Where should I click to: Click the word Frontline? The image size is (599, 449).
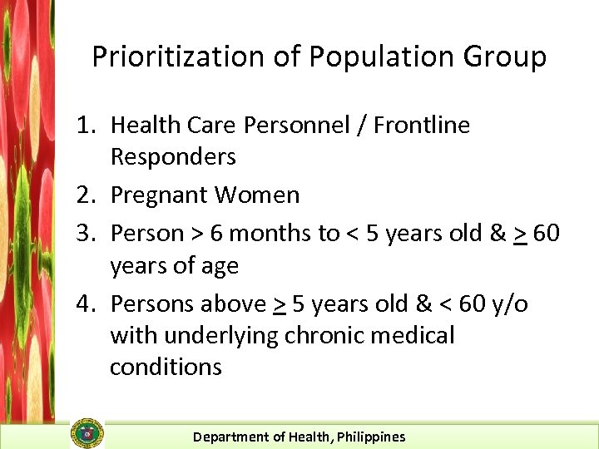[422, 125]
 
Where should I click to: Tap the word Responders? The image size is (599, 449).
[173, 156]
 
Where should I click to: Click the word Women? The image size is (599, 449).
[257, 195]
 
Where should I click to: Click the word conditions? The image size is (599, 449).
[166, 367]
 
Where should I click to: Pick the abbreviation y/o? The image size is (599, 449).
[509, 304]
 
